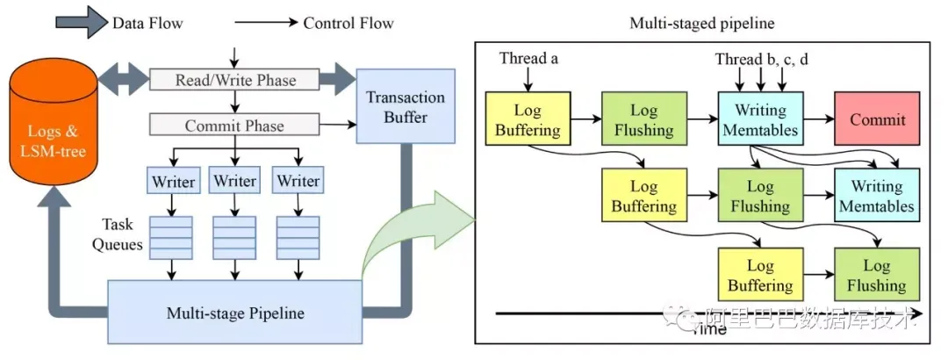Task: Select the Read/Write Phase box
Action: coord(234,80)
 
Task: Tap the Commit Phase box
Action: coord(234,126)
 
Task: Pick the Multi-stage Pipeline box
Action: coord(234,313)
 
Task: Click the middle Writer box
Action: coord(235,182)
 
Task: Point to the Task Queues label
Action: coord(120,234)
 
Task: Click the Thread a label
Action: coord(528,59)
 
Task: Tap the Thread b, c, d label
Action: coord(760,59)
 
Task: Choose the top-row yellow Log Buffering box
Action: coord(528,120)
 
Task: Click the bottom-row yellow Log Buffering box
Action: coord(760,275)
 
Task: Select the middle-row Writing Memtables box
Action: coord(877,198)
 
